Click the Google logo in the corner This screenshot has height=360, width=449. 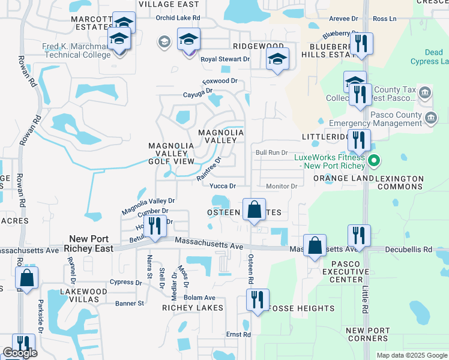[x=20, y=353]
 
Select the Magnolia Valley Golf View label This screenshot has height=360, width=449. [x=171, y=153]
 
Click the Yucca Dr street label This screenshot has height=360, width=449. [x=222, y=187]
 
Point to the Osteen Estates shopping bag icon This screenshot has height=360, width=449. [x=255, y=210]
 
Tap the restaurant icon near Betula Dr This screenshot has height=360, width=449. [x=155, y=226]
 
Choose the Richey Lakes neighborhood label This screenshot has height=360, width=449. [x=193, y=308]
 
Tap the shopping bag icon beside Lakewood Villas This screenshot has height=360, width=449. [x=26, y=278]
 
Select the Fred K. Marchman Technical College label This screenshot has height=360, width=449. [x=76, y=50]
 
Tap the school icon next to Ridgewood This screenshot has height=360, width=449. [x=277, y=59]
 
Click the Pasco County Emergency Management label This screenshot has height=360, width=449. [x=380, y=119]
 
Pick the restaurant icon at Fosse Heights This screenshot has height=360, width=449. [x=258, y=299]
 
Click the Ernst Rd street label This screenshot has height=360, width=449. [x=238, y=334]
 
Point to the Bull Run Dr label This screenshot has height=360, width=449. [x=273, y=153]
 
